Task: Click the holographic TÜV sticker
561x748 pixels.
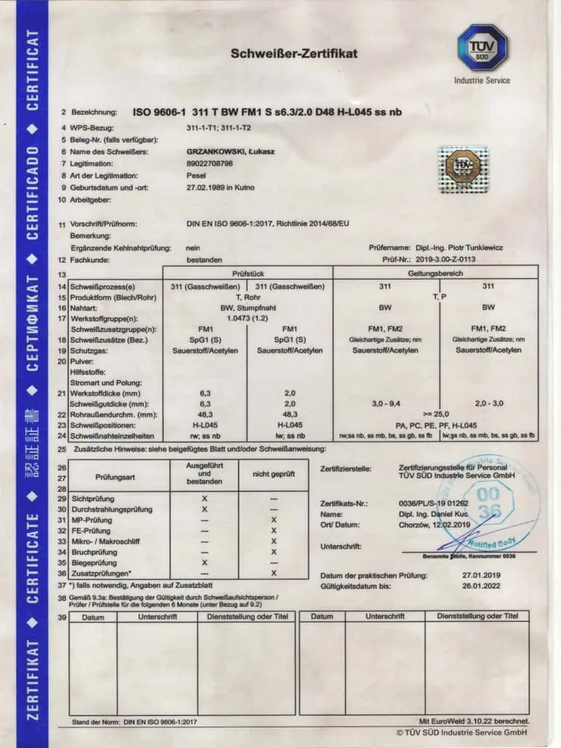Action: click(462, 168)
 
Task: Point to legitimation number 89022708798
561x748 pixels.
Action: click(210, 164)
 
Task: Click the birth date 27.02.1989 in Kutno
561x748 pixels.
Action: click(221, 188)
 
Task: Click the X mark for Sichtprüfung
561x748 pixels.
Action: click(205, 497)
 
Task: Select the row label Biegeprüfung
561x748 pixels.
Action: click(96, 563)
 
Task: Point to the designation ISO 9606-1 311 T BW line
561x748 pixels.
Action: click(267, 112)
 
